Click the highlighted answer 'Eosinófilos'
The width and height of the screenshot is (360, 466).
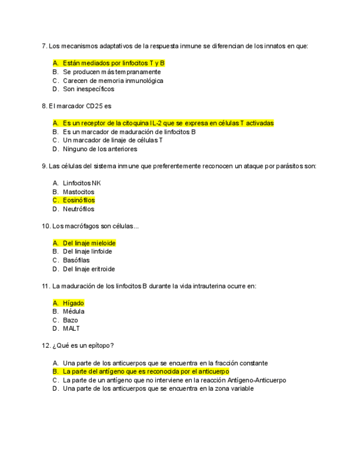point(79,201)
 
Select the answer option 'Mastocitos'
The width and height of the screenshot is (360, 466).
point(79,192)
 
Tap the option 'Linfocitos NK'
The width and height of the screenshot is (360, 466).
point(82,183)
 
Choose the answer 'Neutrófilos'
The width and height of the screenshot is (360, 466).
point(79,209)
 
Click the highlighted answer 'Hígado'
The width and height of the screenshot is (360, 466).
point(73,303)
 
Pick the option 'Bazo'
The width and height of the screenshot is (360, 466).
point(70,320)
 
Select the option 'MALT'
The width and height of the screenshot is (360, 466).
point(71,329)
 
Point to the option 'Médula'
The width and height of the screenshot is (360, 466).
point(74,312)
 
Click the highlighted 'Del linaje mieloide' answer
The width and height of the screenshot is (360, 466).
point(89,243)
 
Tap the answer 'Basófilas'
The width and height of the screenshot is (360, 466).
point(76,260)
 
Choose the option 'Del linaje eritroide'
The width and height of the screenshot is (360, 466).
point(89,269)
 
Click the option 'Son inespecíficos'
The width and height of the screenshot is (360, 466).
point(88,89)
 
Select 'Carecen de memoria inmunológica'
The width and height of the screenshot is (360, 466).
point(113,80)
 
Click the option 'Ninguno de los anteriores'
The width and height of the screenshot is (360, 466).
point(100,149)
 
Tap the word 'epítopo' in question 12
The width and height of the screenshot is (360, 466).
point(98,346)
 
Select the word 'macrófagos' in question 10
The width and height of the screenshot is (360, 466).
point(82,226)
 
